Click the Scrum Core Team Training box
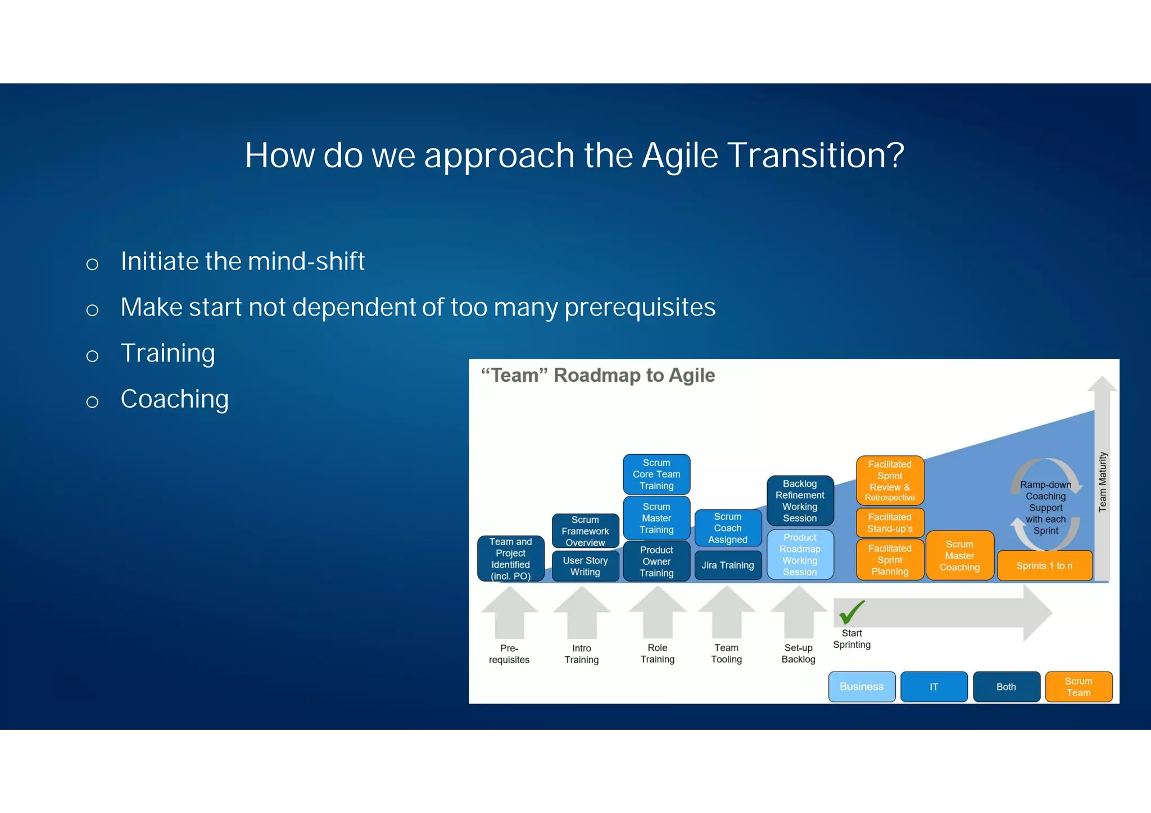[x=656, y=474]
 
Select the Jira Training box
[x=728, y=565]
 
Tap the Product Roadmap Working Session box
[x=800, y=554]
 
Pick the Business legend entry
[x=862, y=686]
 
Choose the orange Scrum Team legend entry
[x=1078, y=686]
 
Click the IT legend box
[x=934, y=686]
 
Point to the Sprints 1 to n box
[x=1044, y=565]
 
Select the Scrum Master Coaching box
[x=959, y=555]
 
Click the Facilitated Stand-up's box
[x=890, y=522]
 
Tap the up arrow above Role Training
[x=657, y=612]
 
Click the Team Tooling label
[x=726, y=653]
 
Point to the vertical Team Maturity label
[x=1102, y=482]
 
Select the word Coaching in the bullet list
[x=175, y=399]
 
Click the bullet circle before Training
[x=93, y=356]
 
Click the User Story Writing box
[x=585, y=565]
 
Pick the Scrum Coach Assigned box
[x=728, y=528]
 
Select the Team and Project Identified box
[x=510, y=558]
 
